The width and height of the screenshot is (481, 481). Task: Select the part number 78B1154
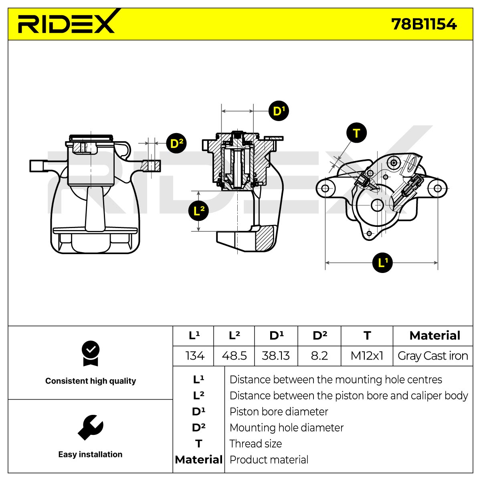[424, 24]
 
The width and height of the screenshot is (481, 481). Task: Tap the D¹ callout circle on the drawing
[279, 111]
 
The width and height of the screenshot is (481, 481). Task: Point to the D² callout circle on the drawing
[176, 143]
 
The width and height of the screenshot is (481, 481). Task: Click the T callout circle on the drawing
[356, 133]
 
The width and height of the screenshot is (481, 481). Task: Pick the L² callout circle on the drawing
[198, 211]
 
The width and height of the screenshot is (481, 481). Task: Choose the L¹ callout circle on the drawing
[382, 262]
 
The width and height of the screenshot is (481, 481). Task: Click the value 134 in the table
[195, 356]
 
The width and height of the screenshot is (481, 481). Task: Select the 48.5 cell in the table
[234, 356]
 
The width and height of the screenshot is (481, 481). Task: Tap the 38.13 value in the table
[275, 356]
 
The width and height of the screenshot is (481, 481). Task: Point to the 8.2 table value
[319, 356]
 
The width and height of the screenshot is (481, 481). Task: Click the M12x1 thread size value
[367, 356]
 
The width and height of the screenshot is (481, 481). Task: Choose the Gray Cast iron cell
[433, 356]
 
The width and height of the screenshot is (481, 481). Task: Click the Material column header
[435, 335]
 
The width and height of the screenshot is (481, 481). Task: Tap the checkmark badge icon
[91, 353]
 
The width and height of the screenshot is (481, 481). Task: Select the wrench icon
[90, 428]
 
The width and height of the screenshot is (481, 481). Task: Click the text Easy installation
[90, 454]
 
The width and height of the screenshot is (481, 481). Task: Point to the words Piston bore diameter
[279, 412]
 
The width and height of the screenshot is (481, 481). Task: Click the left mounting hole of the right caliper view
[325, 188]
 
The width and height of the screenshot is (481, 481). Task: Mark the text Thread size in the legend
[256, 444]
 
